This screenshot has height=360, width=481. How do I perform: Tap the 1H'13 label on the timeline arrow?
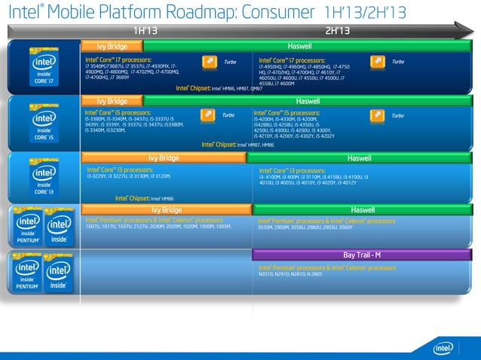pos(146,30)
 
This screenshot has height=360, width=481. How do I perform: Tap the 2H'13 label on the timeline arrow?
pos(337,30)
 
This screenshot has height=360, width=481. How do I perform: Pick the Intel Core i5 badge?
pos(41,122)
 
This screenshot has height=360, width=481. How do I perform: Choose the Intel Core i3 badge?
pos(41,178)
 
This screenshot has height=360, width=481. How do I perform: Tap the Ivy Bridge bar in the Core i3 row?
pos(164,158)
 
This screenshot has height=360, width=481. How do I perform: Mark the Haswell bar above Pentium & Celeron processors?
pos(363,209)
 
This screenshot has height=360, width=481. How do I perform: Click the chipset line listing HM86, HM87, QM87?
pos(219,87)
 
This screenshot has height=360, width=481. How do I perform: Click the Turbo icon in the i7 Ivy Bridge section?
pos(209,61)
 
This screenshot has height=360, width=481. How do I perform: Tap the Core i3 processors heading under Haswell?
pos(291,171)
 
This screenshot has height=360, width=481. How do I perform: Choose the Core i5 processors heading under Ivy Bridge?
pos(118,112)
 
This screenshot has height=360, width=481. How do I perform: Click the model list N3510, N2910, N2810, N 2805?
pos(290,275)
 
